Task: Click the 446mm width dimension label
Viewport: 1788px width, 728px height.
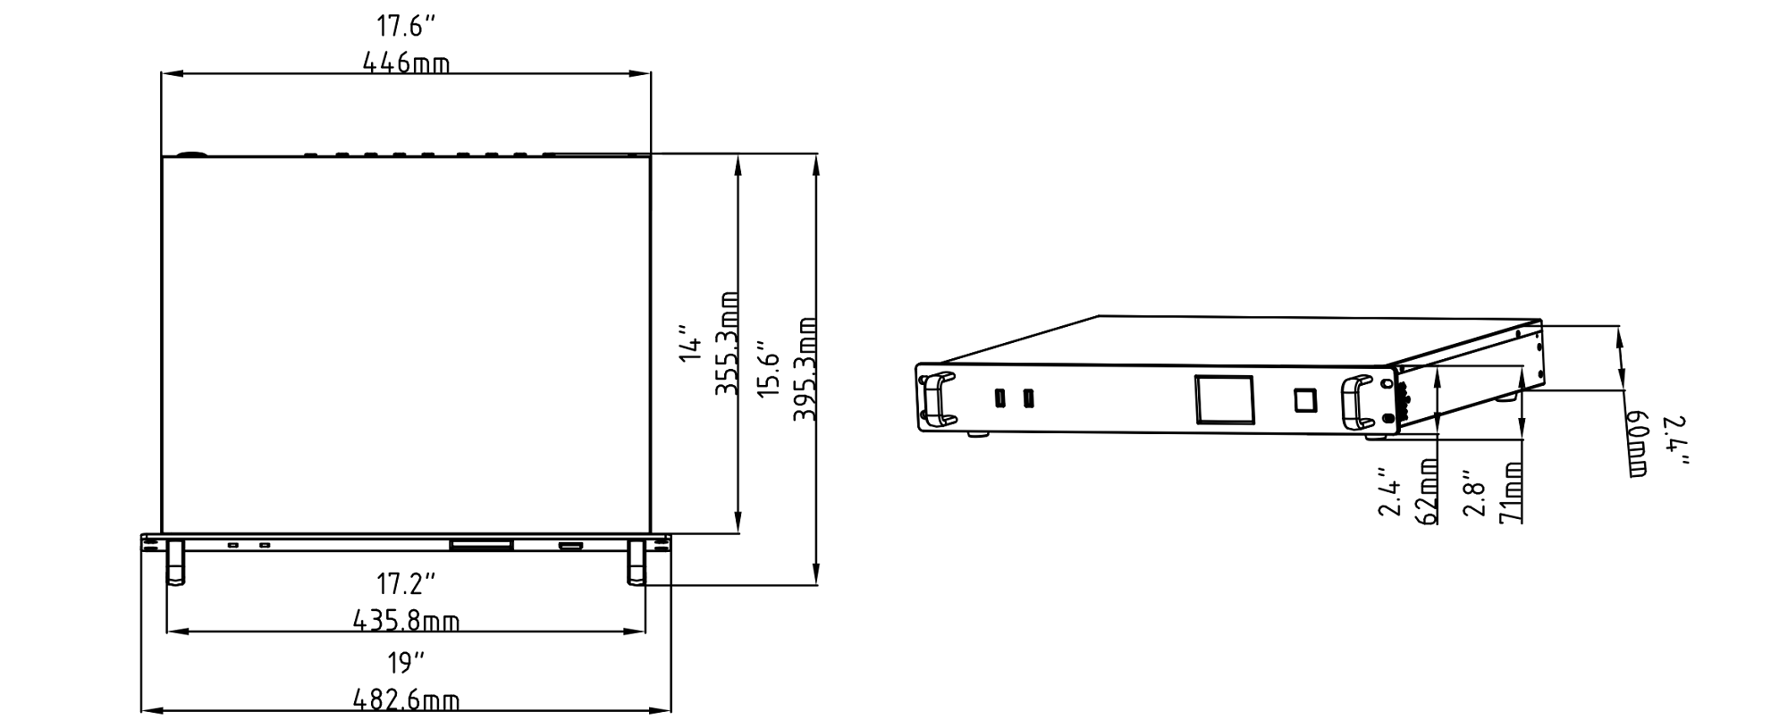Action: (x=406, y=63)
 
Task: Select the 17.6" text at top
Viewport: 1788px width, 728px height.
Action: (x=405, y=25)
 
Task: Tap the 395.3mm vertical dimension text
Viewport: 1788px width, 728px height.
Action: (x=805, y=368)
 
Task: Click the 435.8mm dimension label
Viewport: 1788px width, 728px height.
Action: (x=406, y=620)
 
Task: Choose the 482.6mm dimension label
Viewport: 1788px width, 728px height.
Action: (x=406, y=699)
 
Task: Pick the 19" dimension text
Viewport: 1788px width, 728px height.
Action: (x=406, y=664)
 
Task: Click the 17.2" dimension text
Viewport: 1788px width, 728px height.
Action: (x=406, y=585)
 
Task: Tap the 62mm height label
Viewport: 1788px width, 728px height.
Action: (x=1428, y=491)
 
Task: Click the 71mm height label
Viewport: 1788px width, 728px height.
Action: (x=1512, y=492)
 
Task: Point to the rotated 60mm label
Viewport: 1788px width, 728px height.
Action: (x=1636, y=444)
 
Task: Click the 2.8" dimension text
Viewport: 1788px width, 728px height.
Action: (x=1473, y=494)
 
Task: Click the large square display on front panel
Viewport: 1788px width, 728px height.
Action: (x=1224, y=399)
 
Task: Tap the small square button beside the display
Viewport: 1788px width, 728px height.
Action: (x=1305, y=399)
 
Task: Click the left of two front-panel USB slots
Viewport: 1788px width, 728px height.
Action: (x=998, y=397)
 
